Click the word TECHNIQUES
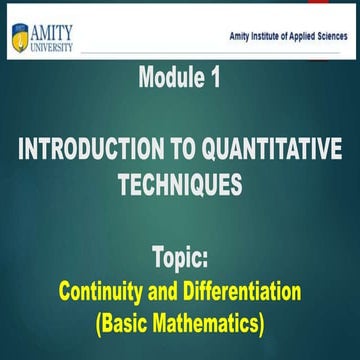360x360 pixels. pyautogui.click(x=179, y=185)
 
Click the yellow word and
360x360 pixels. pyautogui.click(x=164, y=293)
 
